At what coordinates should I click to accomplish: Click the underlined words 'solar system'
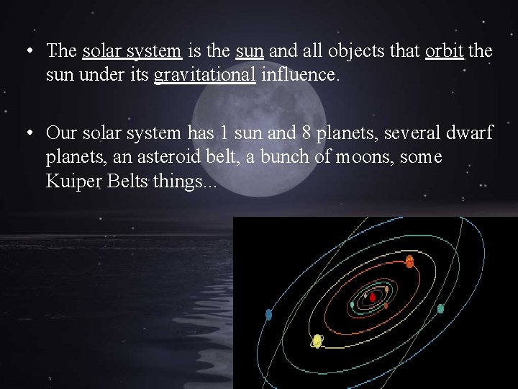(x=132, y=51)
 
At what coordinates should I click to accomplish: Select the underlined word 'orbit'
(x=444, y=51)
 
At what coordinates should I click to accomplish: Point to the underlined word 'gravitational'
(x=205, y=75)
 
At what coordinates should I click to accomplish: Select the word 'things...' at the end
(x=183, y=182)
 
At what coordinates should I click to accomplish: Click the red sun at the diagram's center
(x=373, y=297)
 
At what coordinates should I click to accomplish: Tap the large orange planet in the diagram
(x=409, y=261)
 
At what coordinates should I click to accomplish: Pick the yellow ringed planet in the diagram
(x=317, y=341)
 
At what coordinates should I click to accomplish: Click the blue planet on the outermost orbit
(x=268, y=314)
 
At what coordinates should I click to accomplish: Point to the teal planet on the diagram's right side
(x=440, y=308)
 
